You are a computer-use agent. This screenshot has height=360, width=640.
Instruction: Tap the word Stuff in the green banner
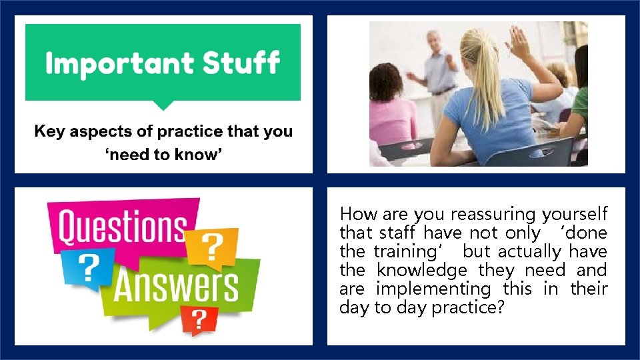[241, 63]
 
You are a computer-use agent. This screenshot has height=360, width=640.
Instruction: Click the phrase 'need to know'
[163, 155]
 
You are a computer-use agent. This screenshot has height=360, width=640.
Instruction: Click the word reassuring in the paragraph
[493, 215]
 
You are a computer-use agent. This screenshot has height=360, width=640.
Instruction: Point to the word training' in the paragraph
[403, 252]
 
